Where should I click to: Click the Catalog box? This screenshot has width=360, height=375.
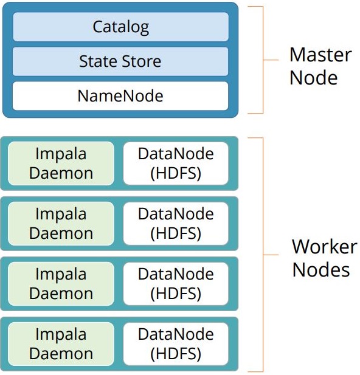(x=120, y=27)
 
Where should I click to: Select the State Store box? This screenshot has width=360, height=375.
(x=120, y=61)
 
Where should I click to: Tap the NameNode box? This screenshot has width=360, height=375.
(x=120, y=96)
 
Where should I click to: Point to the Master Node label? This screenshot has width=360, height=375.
(x=320, y=66)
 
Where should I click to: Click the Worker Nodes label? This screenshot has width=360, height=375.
(x=324, y=258)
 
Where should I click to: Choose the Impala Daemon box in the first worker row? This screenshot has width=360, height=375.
(x=61, y=163)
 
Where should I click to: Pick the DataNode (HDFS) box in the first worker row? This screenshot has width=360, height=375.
(x=176, y=163)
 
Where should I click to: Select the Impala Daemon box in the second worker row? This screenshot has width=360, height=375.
(x=61, y=224)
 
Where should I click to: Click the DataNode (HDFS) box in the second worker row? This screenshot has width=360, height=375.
(x=176, y=224)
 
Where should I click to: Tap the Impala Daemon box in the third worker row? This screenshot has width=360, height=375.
(x=61, y=284)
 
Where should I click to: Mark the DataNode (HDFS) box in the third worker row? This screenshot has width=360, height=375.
(x=176, y=284)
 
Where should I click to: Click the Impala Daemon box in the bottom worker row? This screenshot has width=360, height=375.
(x=61, y=344)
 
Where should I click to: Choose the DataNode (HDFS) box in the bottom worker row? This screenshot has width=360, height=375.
(x=176, y=344)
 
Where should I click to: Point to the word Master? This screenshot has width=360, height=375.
(x=320, y=55)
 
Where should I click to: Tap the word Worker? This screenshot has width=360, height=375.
(x=325, y=247)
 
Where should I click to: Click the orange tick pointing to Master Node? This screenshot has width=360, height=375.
(x=271, y=60)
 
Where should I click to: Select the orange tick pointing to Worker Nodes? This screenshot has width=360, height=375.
(x=271, y=255)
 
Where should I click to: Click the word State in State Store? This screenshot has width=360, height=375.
(x=99, y=61)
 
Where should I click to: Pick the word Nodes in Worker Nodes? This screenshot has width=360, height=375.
(x=321, y=270)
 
